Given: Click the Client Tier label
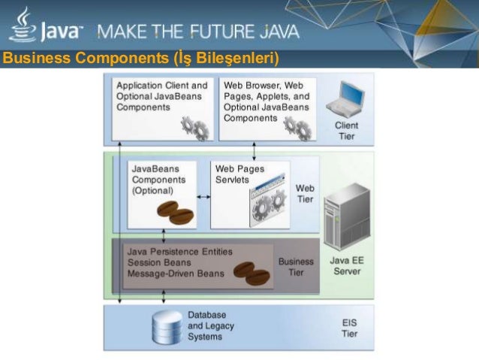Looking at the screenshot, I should tap(346, 131).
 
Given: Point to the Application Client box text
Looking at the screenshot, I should tap(161, 96).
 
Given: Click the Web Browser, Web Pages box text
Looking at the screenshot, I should tap(266, 101).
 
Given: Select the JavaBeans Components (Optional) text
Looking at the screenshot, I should tap(155, 180).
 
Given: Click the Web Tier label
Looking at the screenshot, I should tap(305, 193).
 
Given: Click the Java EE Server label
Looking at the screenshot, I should tap(346, 265).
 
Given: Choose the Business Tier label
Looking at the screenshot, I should tap(296, 267).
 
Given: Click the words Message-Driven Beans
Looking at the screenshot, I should tap(175, 274).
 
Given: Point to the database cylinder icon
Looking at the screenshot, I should tap(167, 326).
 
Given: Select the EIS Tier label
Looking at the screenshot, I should tap(350, 327).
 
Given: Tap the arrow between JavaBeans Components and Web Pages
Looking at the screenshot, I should tap(203, 195).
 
